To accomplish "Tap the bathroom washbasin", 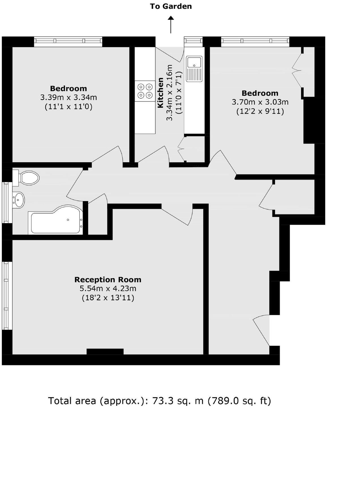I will point(19,200).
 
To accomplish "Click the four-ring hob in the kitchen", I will point(145,91).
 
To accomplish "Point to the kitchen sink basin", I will point(194,62).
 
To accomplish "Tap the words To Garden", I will point(171,6).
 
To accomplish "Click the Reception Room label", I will point(108,279).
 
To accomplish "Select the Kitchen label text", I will point(160,93).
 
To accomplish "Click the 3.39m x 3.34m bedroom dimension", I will point(68,98).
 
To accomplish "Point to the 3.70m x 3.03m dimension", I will point(260,102).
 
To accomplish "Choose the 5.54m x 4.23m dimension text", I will point(108,288).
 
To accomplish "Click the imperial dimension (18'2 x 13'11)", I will point(108,298).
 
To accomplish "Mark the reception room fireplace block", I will point(105,351).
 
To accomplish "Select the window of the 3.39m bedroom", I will point(68,41).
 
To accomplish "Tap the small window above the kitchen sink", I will point(193,41).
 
